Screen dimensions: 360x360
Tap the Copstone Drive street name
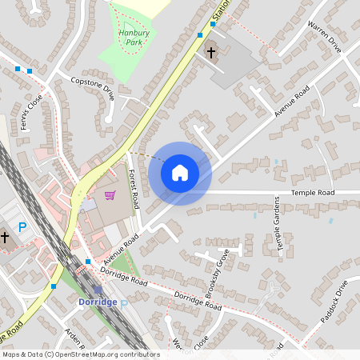point(93,87)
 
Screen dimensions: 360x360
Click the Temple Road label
point(312,193)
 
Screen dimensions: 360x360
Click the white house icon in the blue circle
point(180,172)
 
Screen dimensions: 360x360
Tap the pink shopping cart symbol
point(110,194)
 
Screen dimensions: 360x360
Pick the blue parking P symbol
point(22,228)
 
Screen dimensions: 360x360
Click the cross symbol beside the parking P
point(5,238)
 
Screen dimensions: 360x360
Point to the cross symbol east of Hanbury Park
point(211,54)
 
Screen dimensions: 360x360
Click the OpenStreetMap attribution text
point(81,354)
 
